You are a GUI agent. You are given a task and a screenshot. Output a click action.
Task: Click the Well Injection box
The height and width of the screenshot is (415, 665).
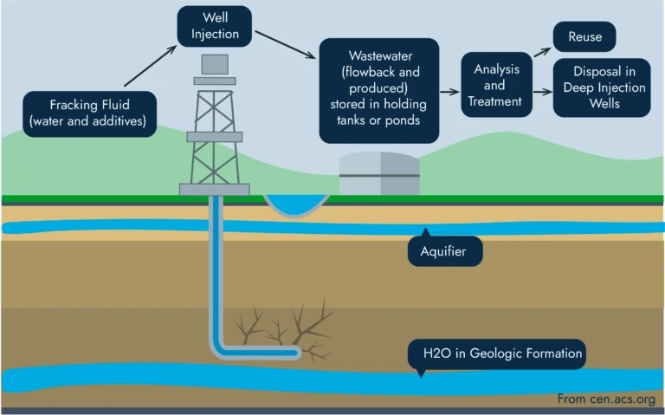(x=214, y=27)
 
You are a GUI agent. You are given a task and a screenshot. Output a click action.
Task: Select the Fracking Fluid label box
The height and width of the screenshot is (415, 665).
(x=91, y=113)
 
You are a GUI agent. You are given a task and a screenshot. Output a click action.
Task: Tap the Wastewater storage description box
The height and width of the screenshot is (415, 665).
(x=378, y=90)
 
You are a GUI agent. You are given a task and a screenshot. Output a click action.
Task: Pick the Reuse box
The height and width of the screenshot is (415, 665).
(x=584, y=38)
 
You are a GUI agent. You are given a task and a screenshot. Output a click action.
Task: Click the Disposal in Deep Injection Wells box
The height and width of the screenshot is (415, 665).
(x=602, y=89)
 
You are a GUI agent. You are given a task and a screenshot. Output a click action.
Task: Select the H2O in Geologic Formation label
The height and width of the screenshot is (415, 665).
(x=495, y=353)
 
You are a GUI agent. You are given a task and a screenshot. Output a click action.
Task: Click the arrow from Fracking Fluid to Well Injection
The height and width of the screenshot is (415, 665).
(x=150, y=68)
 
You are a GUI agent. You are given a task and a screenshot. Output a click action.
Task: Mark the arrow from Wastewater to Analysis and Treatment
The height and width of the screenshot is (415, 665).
(x=449, y=91)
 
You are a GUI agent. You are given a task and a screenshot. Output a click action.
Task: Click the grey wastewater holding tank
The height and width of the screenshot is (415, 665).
(x=379, y=174)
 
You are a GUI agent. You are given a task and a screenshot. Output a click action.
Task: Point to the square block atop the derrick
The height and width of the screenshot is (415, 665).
(x=214, y=63)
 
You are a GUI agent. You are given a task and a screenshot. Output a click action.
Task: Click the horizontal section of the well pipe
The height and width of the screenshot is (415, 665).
(x=260, y=351)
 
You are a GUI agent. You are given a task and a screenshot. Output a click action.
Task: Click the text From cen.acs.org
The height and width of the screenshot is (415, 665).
(x=605, y=399)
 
